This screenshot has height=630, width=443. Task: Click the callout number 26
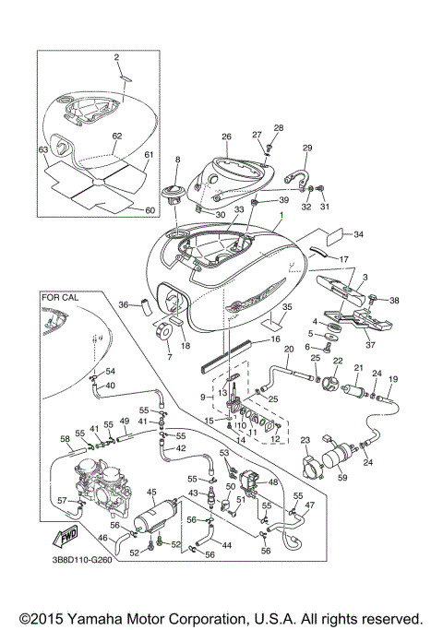pyautogui.click(x=226, y=137)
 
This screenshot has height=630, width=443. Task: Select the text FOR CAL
pyautogui.click(x=63, y=298)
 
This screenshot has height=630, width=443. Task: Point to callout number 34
pyautogui.click(x=359, y=234)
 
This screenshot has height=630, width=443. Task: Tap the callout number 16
pyautogui.click(x=273, y=339)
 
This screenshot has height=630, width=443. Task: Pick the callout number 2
pyautogui.click(x=117, y=57)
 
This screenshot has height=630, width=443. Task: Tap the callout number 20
pyautogui.click(x=288, y=350)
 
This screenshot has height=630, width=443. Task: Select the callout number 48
pyautogui.click(x=272, y=481)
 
